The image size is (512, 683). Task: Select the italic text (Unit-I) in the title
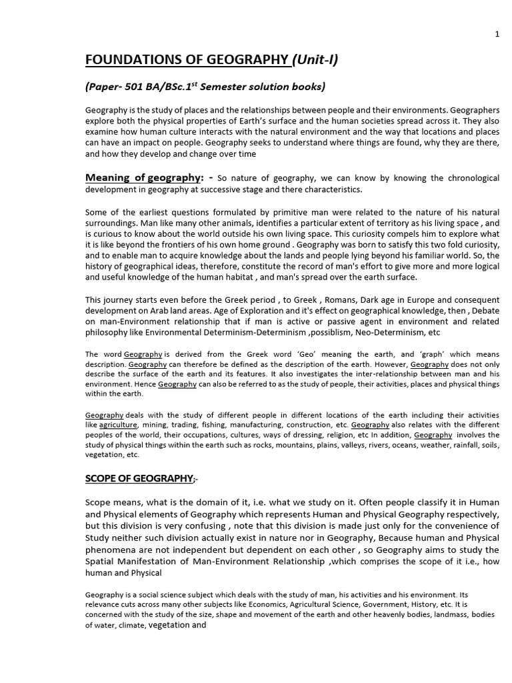tap(315, 61)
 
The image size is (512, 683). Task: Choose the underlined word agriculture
tap(119, 424)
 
